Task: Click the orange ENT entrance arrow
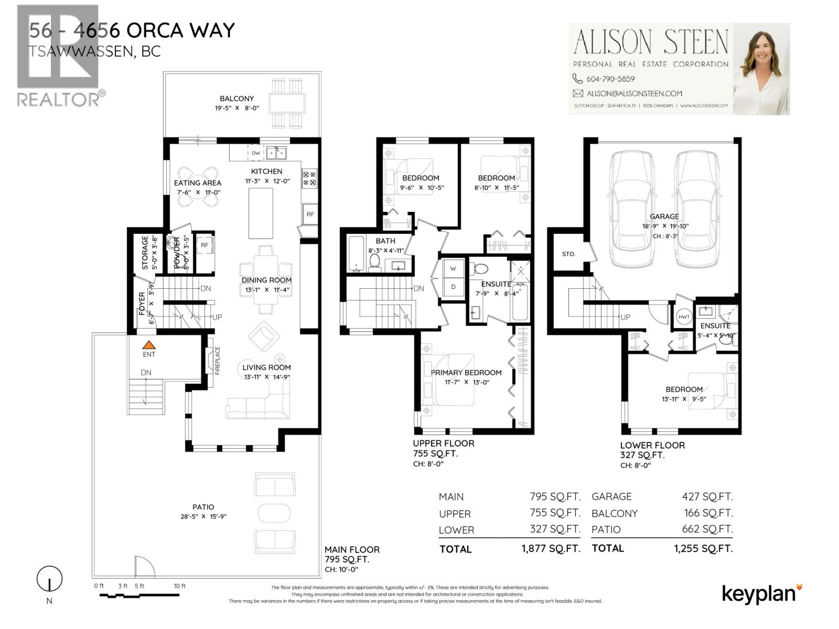pos(149,345)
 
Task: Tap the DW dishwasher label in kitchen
pos(256,153)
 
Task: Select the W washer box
pos(453,268)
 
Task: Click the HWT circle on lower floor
pos(684,317)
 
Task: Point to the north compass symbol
pos(49,579)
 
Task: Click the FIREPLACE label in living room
pos(217,361)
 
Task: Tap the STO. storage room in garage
pos(568,254)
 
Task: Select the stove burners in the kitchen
pos(309,178)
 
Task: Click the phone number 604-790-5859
pos(610,79)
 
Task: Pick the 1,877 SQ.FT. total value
pos(551,549)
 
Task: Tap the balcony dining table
pos(287,103)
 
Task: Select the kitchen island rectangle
pos(260,213)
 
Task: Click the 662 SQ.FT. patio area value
pos(707,529)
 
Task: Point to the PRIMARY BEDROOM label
pos(466,373)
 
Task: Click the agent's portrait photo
pos(760,69)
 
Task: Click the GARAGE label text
pos(664,216)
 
